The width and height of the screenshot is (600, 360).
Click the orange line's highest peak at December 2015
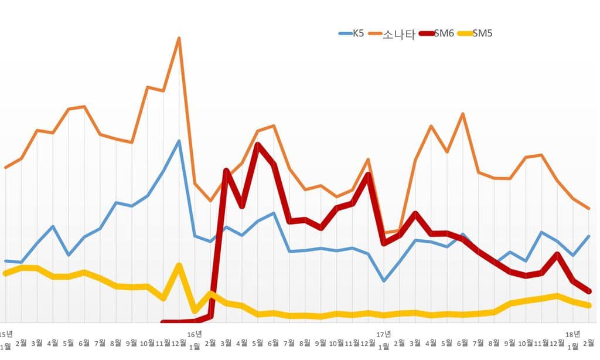pyautogui.click(x=179, y=38)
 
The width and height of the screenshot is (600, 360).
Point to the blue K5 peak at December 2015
pyautogui.click(x=179, y=141)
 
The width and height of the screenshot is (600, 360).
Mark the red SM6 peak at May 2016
pyautogui.click(x=258, y=144)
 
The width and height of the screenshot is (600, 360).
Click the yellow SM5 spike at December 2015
pyautogui.click(x=179, y=265)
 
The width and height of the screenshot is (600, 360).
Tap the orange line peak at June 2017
pyautogui.click(x=463, y=114)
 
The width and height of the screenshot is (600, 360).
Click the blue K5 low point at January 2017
pyautogui.click(x=384, y=281)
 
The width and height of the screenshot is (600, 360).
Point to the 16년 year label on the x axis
pyautogui.click(x=195, y=334)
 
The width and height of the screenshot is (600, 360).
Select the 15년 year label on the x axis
pyautogui.click(x=6, y=334)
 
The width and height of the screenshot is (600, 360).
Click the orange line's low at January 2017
pyautogui.click(x=384, y=233)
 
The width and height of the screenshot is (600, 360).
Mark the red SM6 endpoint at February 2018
pyautogui.click(x=589, y=291)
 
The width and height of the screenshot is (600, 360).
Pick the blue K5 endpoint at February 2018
pyautogui.click(x=589, y=236)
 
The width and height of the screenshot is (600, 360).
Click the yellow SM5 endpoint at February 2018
pyautogui.click(x=589, y=305)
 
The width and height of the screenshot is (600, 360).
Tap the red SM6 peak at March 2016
pyautogui.click(x=226, y=170)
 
